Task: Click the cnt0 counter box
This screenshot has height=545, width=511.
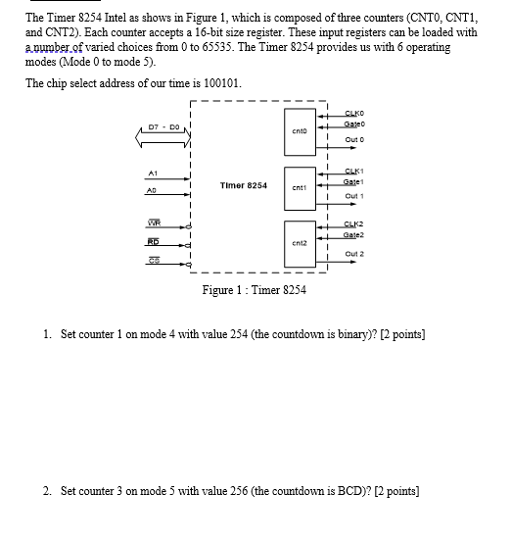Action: [x=302, y=129]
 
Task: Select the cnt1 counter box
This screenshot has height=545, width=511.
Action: [x=302, y=185]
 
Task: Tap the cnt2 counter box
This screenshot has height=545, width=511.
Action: [x=302, y=241]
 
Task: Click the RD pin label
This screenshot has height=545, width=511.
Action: [x=154, y=241]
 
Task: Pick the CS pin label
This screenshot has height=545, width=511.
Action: [x=154, y=260]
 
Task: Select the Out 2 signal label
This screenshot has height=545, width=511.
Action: [x=355, y=254]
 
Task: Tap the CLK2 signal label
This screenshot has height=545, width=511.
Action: [x=355, y=224]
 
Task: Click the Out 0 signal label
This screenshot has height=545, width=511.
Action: [x=355, y=139]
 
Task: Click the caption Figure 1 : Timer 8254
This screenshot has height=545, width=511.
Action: [x=254, y=290]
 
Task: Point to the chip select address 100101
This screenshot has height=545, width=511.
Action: [x=219, y=82]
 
